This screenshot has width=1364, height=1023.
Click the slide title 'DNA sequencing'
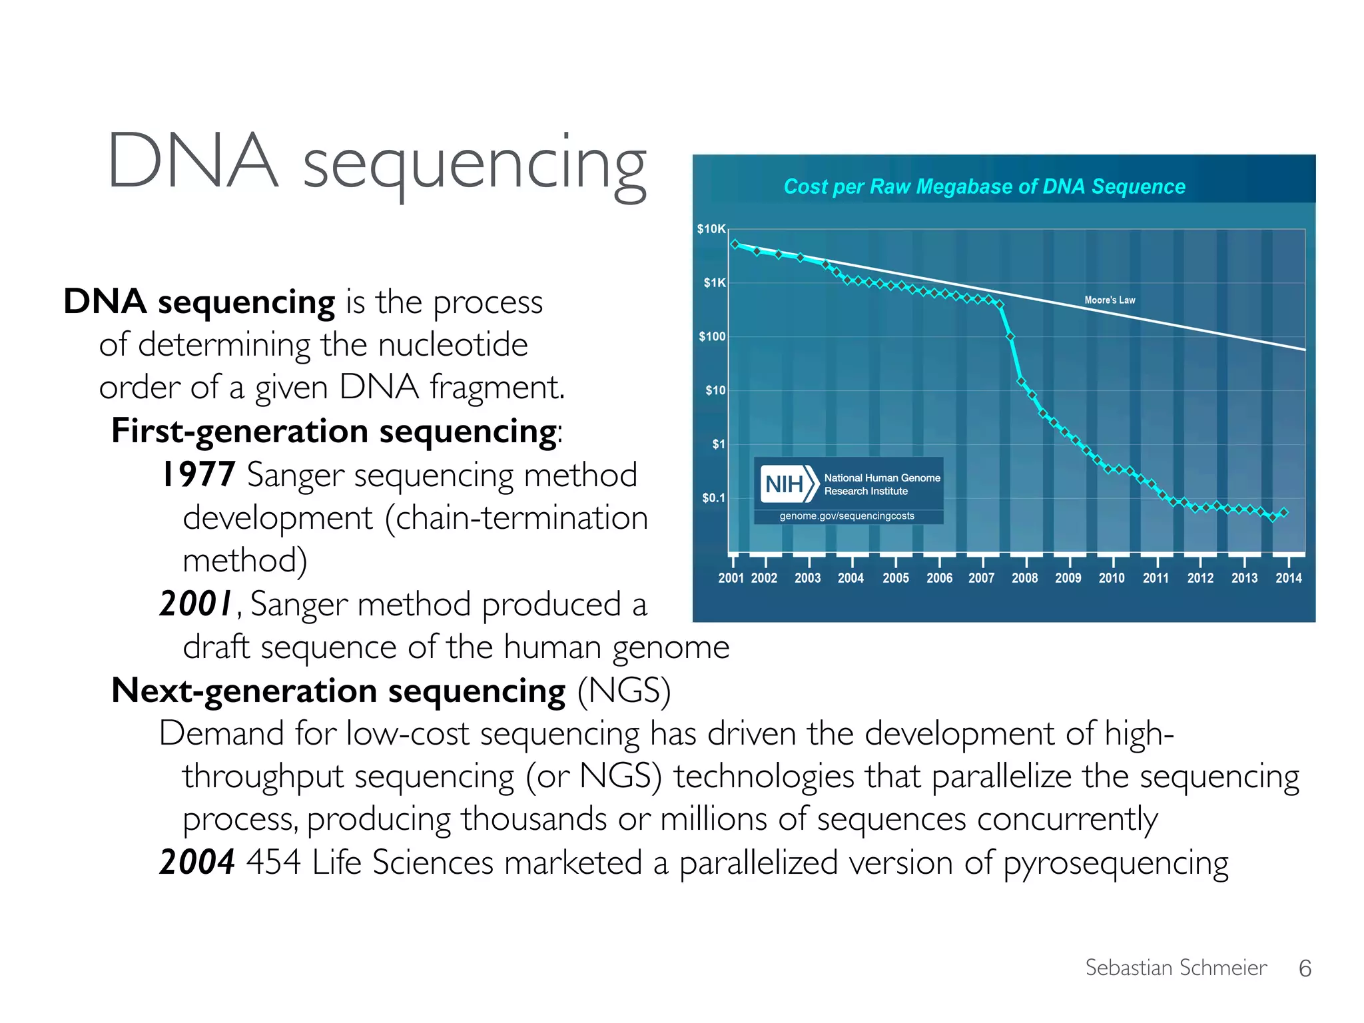click(376, 162)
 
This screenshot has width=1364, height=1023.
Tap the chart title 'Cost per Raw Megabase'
click(984, 186)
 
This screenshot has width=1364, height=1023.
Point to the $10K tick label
click(711, 229)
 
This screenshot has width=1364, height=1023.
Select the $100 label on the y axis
click(712, 337)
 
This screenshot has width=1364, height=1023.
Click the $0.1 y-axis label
click(713, 498)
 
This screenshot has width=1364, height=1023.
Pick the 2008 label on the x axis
click(1024, 578)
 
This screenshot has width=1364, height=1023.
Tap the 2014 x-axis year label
click(1288, 578)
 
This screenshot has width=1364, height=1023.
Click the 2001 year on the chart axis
click(731, 578)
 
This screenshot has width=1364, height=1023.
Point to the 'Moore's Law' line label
click(1110, 300)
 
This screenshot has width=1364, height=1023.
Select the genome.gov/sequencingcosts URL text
click(847, 516)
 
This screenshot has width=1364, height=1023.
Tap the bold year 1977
click(198, 475)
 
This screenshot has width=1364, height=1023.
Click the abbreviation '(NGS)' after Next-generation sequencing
click(623, 691)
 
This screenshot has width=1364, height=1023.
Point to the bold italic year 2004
click(197, 862)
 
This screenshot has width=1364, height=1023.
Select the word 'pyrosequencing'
click(1116, 864)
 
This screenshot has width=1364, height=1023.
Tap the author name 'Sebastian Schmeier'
click(1176, 968)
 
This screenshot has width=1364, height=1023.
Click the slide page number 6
click(1305, 968)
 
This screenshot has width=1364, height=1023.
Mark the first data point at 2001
click(735, 244)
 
